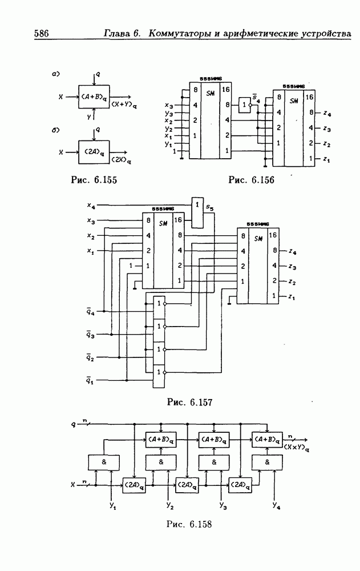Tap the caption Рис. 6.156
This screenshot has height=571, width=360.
(x=251, y=180)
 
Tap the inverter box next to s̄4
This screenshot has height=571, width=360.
(x=245, y=104)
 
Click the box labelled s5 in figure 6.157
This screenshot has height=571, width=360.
(x=197, y=212)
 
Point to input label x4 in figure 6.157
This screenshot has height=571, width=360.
(x=91, y=204)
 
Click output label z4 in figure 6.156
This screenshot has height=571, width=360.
(x=326, y=114)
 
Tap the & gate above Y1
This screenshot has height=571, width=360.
(x=104, y=462)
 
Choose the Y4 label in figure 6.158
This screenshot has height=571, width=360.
(x=276, y=506)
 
